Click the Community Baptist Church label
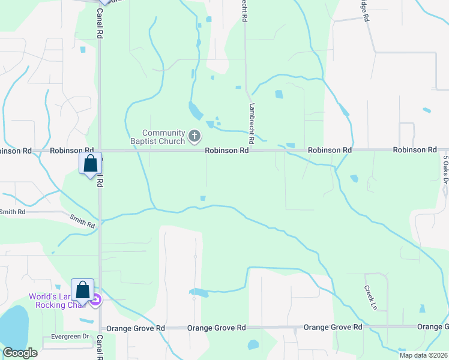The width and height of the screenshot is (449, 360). (x=163, y=137)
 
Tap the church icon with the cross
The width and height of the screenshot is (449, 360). (x=194, y=137)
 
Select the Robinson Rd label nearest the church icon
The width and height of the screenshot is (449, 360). (x=227, y=151)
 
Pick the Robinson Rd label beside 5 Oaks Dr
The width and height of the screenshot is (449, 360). (x=415, y=150)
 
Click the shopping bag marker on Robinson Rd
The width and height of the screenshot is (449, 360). (x=90, y=163)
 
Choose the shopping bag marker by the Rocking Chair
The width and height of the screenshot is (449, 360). (x=82, y=290)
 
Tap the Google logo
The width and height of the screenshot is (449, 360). (x=20, y=353)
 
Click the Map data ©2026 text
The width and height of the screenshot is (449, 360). (x=424, y=355)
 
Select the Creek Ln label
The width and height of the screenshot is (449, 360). (x=370, y=298)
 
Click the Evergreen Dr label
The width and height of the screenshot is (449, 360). (x=69, y=337)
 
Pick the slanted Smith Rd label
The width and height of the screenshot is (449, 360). (x=82, y=221)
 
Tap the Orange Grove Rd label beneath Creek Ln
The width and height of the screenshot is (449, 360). (x=333, y=327)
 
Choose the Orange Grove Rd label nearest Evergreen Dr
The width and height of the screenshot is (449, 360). (x=135, y=329)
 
